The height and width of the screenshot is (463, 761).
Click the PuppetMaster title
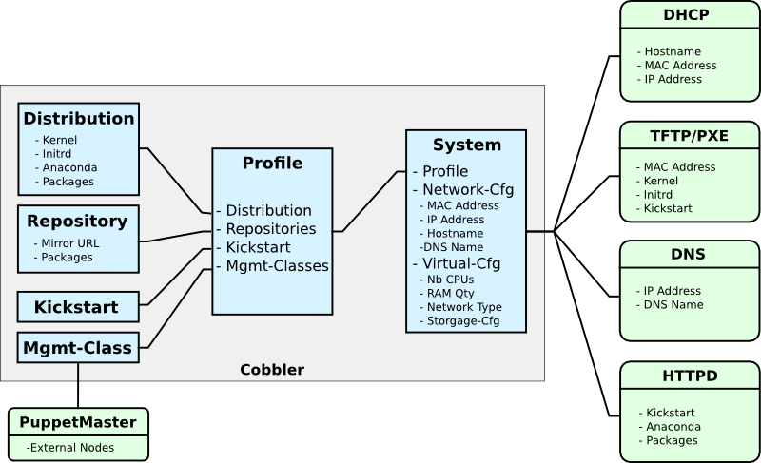(79, 422)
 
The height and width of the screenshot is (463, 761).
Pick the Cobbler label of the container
(272, 368)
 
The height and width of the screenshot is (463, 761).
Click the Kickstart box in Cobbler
(76, 307)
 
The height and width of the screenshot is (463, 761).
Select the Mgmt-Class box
(78, 347)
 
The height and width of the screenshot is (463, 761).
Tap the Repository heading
(77, 222)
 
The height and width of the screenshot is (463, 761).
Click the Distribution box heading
(79, 119)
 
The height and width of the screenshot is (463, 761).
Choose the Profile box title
(272, 163)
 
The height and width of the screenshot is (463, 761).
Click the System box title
(466, 145)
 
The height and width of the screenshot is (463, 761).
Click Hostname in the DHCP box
(673, 51)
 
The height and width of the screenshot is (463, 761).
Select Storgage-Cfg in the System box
(463, 322)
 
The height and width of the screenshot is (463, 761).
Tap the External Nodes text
(70, 447)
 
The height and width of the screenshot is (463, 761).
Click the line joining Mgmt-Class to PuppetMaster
(78, 384)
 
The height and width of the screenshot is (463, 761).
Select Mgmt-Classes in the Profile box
(272, 266)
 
